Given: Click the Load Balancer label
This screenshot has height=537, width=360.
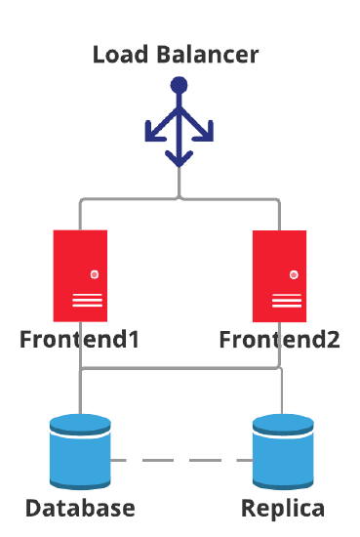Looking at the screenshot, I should (x=176, y=55).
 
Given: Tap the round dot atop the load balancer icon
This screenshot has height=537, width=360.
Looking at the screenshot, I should (x=179, y=86).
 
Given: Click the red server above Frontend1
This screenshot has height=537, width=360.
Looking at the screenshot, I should (x=80, y=275).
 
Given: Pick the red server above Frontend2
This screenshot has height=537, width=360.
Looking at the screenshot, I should (x=279, y=275).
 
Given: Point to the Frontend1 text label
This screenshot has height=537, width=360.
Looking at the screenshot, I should (x=80, y=340).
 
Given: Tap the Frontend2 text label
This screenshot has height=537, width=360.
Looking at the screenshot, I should (x=279, y=340).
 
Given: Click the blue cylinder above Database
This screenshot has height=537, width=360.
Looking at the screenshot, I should (x=80, y=451).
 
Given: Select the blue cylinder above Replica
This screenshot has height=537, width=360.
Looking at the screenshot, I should (x=283, y=451).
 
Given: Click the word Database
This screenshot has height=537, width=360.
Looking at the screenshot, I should (x=80, y=509).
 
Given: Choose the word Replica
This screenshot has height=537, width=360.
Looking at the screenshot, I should (x=283, y=509).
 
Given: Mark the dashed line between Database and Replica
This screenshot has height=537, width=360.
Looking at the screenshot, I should (x=181, y=460).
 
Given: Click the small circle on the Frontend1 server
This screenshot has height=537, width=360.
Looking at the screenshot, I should (x=95, y=274).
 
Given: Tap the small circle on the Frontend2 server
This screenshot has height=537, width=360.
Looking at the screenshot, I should (x=294, y=274).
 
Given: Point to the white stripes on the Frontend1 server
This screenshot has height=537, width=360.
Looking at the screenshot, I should (x=86, y=300).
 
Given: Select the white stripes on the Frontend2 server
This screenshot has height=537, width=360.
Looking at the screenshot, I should (x=285, y=300).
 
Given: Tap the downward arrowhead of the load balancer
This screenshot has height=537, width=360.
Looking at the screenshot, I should (x=179, y=157).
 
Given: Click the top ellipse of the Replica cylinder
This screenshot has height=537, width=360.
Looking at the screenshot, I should (x=283, y=424).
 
